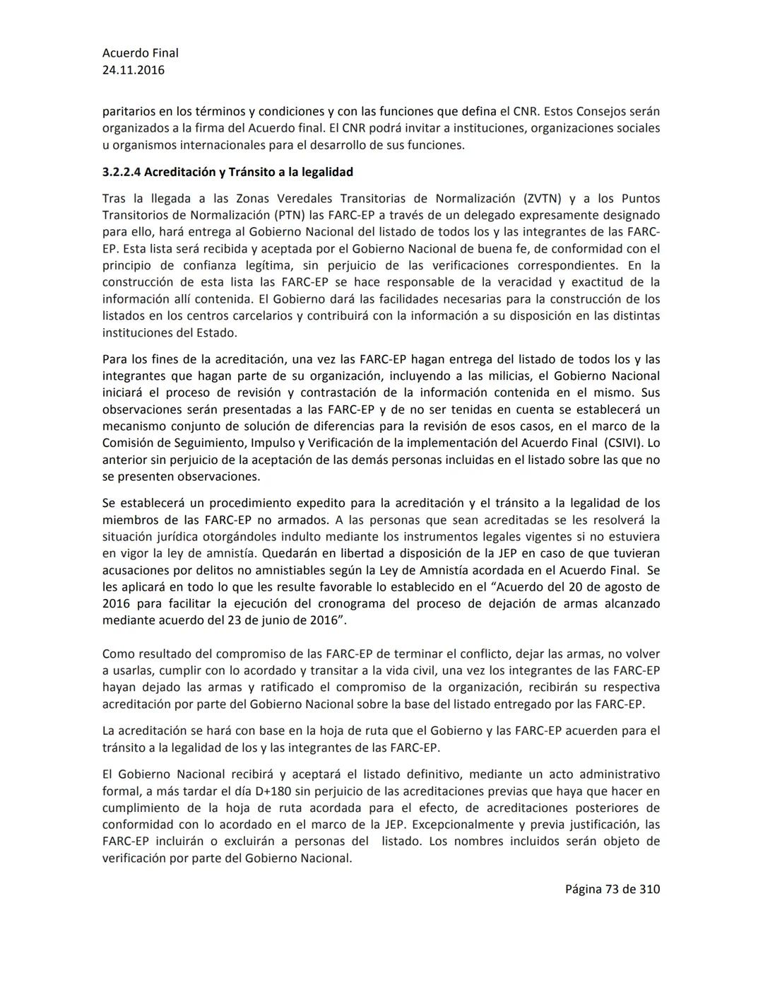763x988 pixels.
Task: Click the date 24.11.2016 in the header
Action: (133, 70)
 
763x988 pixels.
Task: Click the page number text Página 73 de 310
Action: (612, 889)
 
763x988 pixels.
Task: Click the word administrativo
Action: (615, 774)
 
